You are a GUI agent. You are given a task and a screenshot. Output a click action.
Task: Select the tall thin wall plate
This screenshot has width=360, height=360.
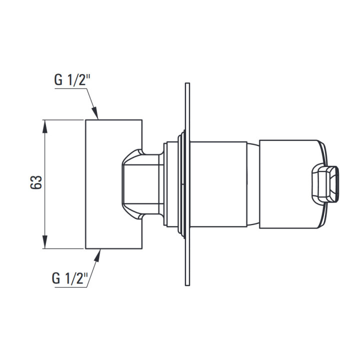click(187, 184)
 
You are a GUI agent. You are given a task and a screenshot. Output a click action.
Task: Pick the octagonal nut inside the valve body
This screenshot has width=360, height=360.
click(142, 184)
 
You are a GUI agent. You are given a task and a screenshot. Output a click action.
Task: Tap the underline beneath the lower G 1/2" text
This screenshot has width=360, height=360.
click(70, 287)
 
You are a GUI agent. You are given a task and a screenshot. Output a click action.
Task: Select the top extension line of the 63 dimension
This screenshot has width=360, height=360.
click(62, 120)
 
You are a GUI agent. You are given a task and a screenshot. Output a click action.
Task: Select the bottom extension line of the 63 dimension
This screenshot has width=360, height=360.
click(62, 248)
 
